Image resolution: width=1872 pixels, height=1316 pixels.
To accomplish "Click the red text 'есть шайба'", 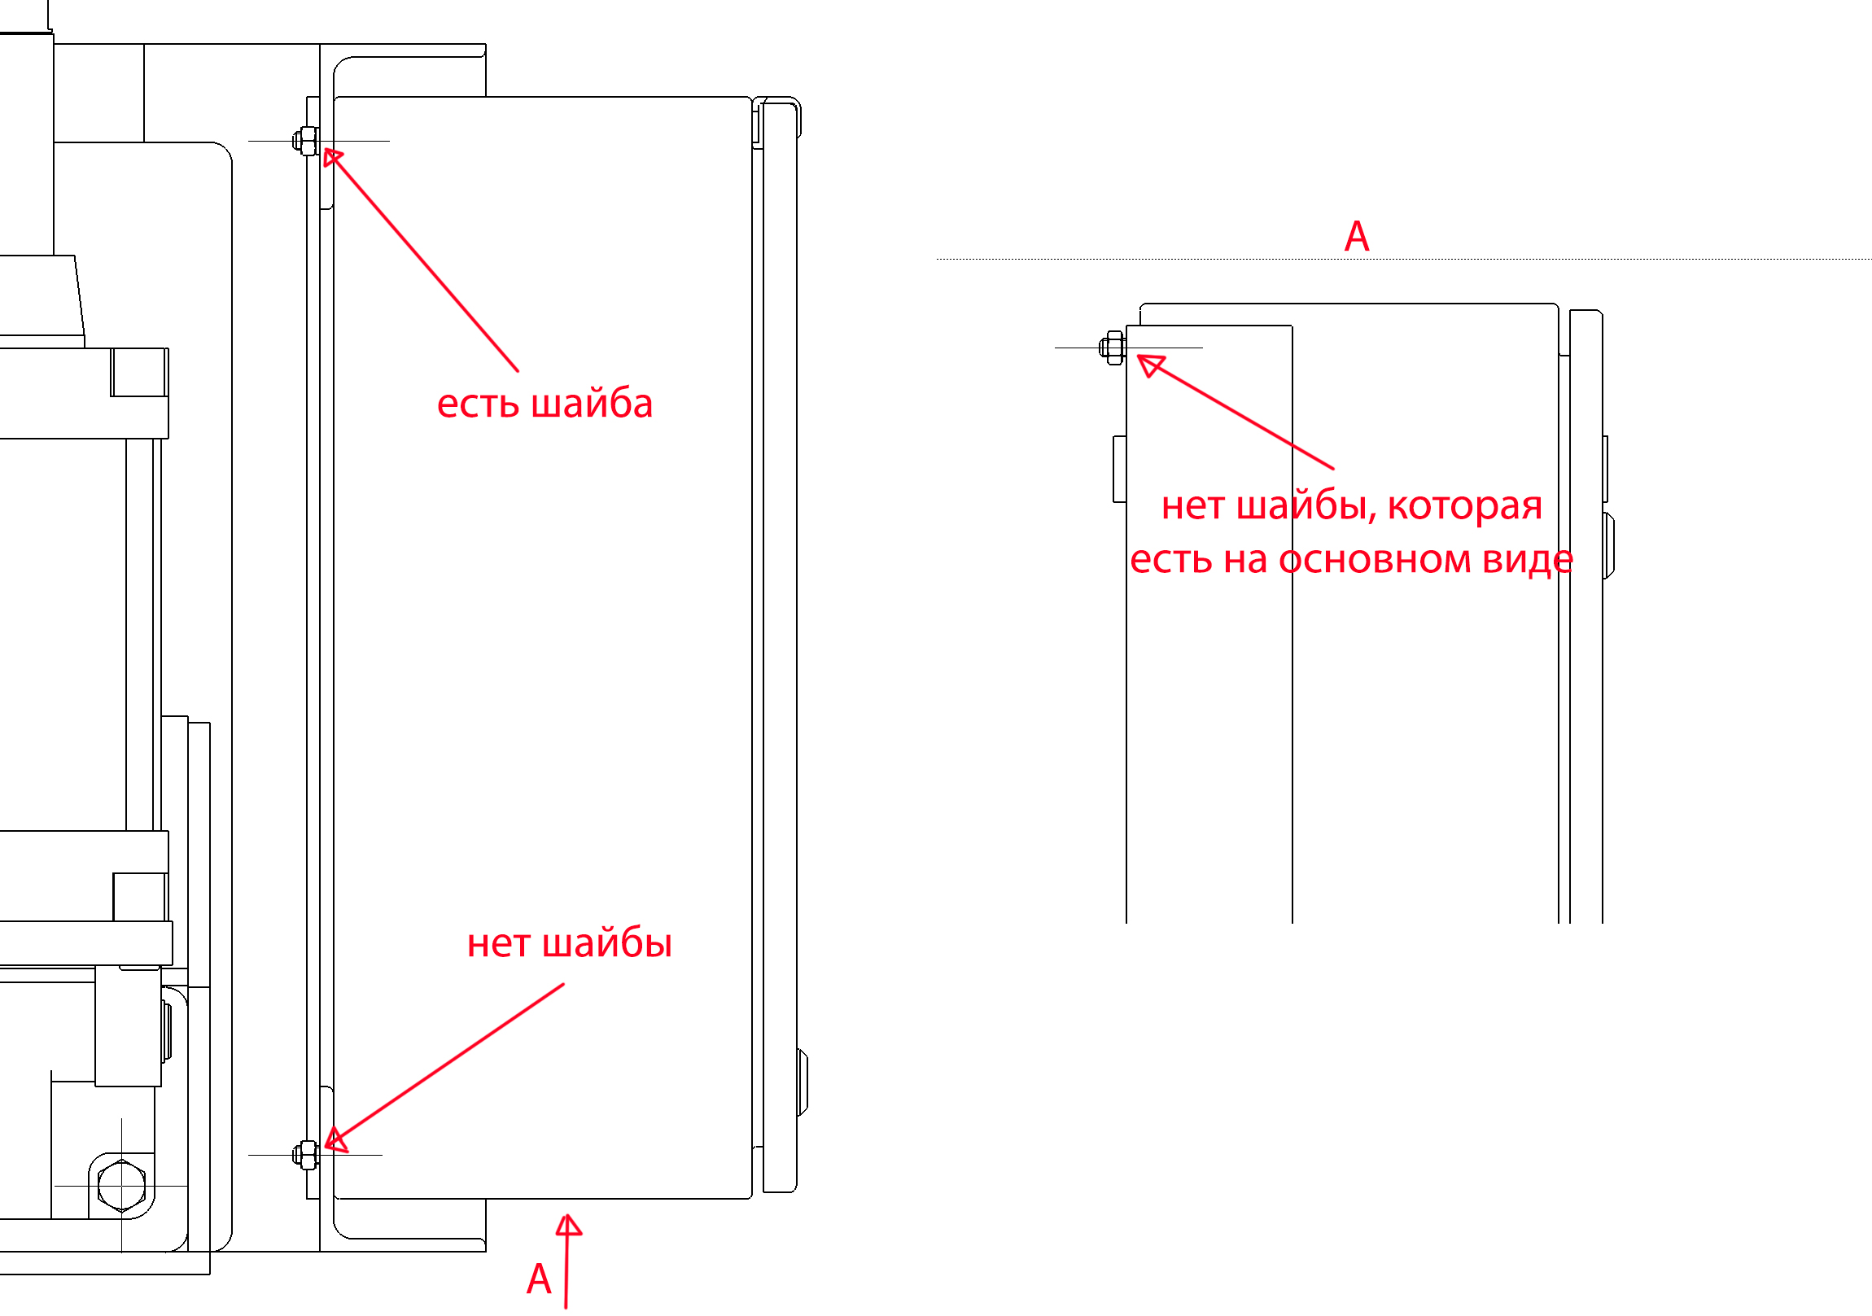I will [x=545, y=404].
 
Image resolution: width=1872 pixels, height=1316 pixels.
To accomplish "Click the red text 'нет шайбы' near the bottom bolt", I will [x=569, y=943].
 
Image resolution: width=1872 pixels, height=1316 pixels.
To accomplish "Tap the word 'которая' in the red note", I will [x=1464, y=506].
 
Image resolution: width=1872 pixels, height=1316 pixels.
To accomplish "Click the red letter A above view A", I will [x=1357, y=238].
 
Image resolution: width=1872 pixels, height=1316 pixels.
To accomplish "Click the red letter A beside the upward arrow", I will [x=539, y=1279].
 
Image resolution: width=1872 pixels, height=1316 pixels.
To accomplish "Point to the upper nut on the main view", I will [x=307, y=141].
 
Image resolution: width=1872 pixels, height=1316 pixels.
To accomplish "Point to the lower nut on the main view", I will [x=307, y=1155].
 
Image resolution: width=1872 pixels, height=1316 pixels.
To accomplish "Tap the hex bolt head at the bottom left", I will [x=121, y=1186].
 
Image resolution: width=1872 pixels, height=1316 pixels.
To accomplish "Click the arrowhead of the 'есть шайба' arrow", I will [x=331, y=155].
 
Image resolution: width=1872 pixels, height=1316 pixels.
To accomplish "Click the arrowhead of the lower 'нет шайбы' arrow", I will [x=336, y=1141].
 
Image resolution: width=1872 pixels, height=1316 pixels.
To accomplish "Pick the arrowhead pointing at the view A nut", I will [x=1149, y=364].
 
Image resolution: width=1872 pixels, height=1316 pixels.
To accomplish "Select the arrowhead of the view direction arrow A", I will [x=568, y=1226].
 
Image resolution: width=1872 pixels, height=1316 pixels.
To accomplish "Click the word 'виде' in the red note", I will [x=1527, y=560].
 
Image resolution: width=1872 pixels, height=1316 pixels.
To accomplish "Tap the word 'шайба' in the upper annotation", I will [x=591, y=404].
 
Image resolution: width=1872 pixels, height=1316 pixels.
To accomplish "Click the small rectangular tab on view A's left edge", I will [x=1119, y=469].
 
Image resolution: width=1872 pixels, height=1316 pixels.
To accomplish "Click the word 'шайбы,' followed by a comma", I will [x=1306, y=506].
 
